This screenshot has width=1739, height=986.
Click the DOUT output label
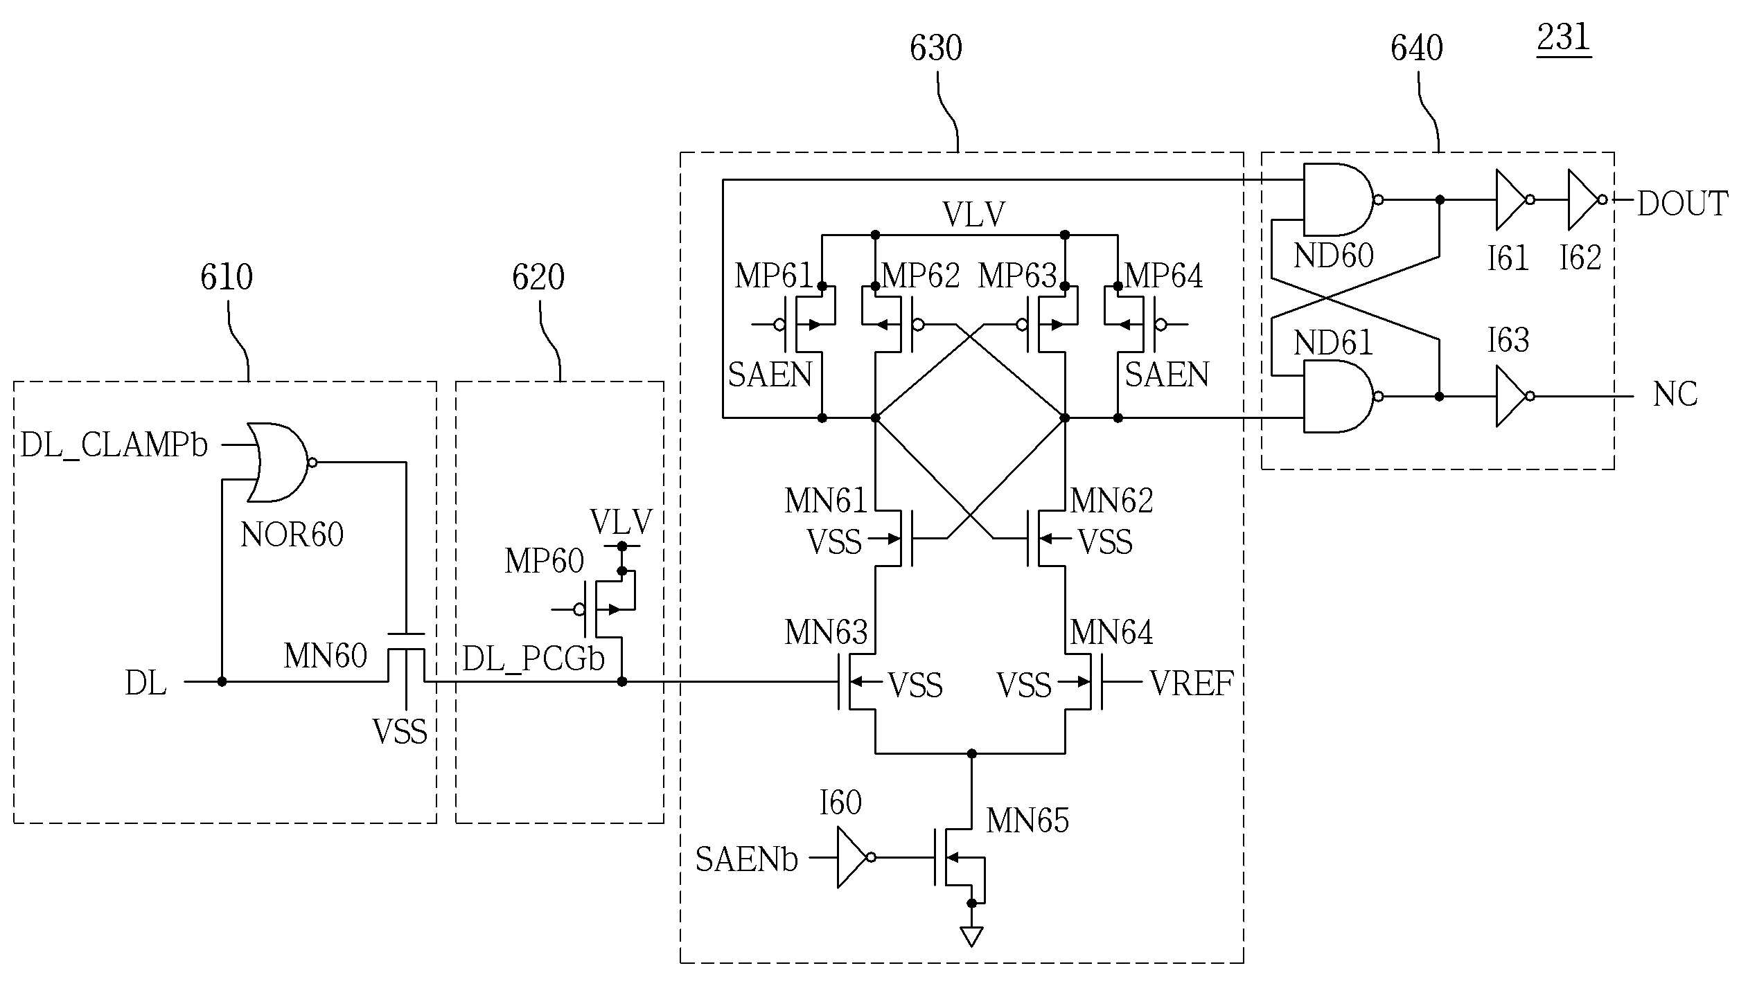pyautogui.click(x=1682, y=204)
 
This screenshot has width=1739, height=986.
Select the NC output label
pyautogui.click(x=1675, y=394)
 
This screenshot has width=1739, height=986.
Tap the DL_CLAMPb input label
pyautogui.click(x=114, y=445)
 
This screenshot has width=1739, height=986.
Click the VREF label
pyautogui.click(x=1192, y=683)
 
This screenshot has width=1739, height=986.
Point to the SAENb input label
pyautogui.click(x=747, y=859)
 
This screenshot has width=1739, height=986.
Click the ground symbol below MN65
pyautogui.click(x=971, y=937)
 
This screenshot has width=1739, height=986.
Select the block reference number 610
pyautogui.click(x=227, y=277)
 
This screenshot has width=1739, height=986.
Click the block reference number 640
pyautogui.click(x=1417, y=48)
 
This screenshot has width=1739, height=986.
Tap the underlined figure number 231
pyautogui.click(x=1564, y=38)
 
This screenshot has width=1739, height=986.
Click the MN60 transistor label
pyautogui.click(x=325, y=655)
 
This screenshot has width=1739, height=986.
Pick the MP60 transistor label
pyautogui.click(x=544, y=560)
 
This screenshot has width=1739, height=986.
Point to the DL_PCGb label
pyautogui.click(x=533, y=658)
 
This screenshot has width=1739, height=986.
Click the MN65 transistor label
pyautogui.click(x=1027, y=820)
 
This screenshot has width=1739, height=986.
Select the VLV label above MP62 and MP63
pyautogui.click(x=973, y=214)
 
